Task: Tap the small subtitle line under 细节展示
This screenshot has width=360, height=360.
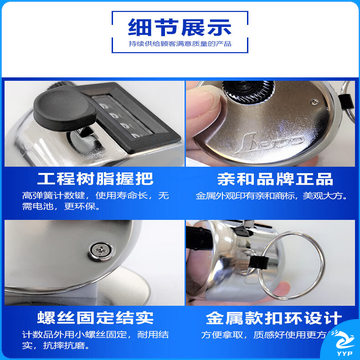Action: point(180,44)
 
